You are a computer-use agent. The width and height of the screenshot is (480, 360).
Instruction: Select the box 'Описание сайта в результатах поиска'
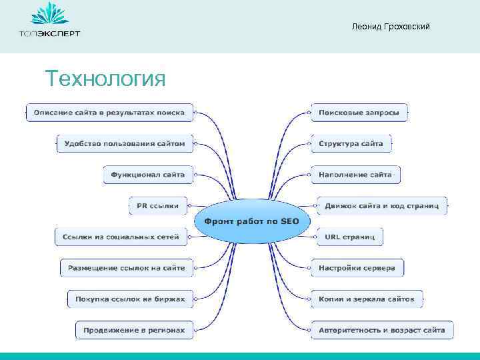[x=109, y=113]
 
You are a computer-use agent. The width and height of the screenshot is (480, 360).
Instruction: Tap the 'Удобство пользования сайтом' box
[x=125, y=143]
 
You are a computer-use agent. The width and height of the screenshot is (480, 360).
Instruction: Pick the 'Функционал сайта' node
[x=148, y=175]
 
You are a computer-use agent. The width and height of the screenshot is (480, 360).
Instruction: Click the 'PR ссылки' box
[x=158, y=206]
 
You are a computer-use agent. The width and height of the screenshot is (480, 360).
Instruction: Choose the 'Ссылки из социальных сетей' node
[x=121, y=237]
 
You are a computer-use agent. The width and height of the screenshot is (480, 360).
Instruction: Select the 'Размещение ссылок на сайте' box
[x=127, y=268]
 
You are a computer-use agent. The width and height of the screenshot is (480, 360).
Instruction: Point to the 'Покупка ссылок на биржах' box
[x=130, y=299]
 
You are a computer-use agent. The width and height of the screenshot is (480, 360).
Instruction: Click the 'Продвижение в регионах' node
[x=134, y=330]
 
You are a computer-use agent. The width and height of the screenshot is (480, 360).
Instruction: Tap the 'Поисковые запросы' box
[x=359, y=113]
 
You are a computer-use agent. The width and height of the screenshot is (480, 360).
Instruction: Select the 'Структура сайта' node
[x=351, y=143]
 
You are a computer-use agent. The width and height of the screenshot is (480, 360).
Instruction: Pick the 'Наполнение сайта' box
[x=355, y=175]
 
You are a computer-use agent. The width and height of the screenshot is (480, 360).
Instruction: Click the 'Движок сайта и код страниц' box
[x=381, y=206]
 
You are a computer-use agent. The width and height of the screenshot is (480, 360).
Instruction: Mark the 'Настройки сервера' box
[x=357, y=268]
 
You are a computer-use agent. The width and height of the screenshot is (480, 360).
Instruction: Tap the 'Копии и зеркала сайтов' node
[x=367, y=299]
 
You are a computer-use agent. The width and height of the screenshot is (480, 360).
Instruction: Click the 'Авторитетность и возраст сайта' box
[x=381, y=330]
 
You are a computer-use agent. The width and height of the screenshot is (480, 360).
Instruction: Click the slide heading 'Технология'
[x=105, y=79]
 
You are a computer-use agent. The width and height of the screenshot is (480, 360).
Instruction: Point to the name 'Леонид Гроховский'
[x=391, y=27]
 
